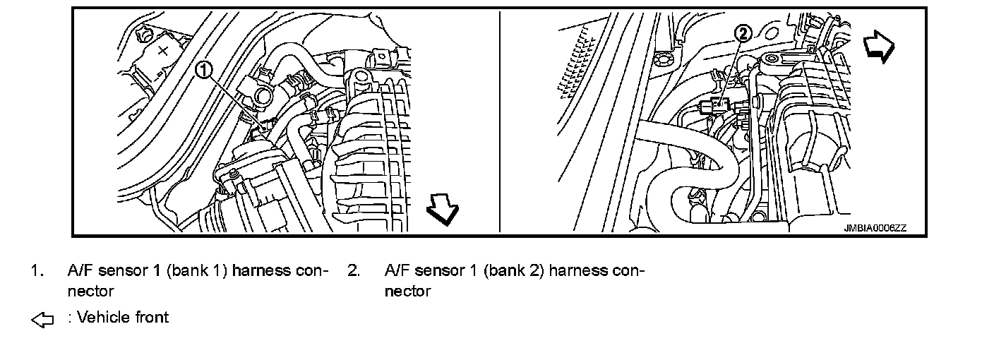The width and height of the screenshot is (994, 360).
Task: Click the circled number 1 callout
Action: click(203, 69)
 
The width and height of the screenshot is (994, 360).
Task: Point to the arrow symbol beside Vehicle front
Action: click(43, 320)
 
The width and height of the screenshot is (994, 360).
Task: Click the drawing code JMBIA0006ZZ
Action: click(875, 228)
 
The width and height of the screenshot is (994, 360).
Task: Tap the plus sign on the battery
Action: click(163, 51)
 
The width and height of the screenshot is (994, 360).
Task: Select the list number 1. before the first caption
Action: click(37, 270)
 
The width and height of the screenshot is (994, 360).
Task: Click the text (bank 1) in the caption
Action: click(196, 270)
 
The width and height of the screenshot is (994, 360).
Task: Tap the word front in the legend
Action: click(152, 318)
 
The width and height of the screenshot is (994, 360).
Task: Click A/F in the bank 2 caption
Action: click(397, 270)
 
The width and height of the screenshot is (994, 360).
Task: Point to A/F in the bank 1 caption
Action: click(80, 270)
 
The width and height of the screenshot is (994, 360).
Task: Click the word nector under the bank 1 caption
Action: click(90, 291)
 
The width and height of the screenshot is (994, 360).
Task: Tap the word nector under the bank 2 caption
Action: click(407, 291)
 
